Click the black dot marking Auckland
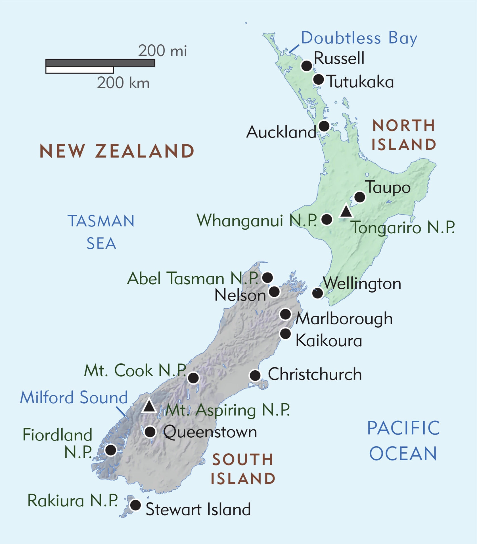pyautogui.click(x=324, y=126)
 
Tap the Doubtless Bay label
pyautogui.click(x=359, y=38)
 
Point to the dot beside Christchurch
pyautogui.click(x=255, y=375)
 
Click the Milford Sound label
pyautogui.click(x=74, y=397)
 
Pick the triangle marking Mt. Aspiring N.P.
pyautogui.click(x=149, y=406)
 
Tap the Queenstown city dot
pyautogui.click(x=150, y=432)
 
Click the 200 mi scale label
pyautogui.click(x=162, y=51)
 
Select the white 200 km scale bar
pyautogui.click(x=80, y=70)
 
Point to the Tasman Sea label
pyautogui.click(x=101, y=232)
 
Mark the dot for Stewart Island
pyautogui.click(x=135, y=505)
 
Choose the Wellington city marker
pyautogui.click(x=317, y=293)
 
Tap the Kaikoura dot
pyautogui.click(x=285, y=333)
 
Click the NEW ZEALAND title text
pyautogui.click(x=117, y=151)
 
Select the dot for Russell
pyautogui.click(x=307, y=66)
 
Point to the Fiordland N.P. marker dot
pyautogui.click(x=110, y=450)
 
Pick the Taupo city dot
pyautogui.click(x=360, y=197)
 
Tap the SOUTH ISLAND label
pyautogui.click(x=243, y=469)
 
